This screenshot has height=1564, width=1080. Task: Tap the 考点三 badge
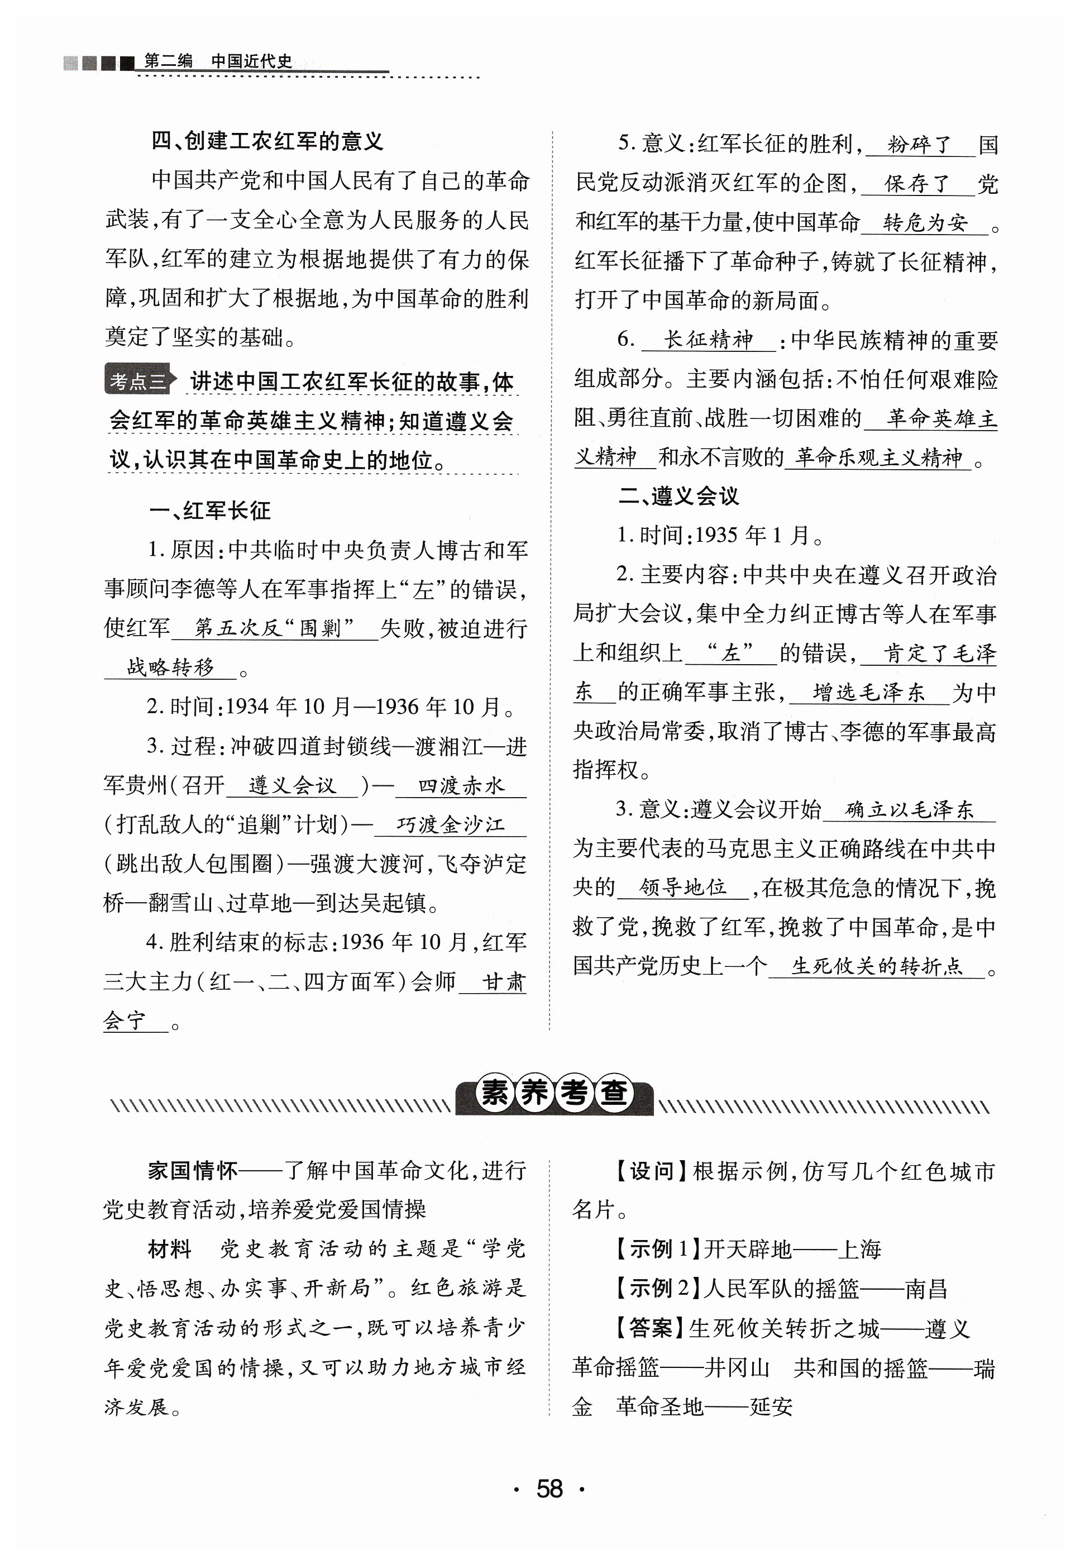(x=138, y=382)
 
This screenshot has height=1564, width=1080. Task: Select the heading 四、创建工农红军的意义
(x=267, y=141)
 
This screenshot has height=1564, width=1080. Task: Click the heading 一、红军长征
(x=210, y=511)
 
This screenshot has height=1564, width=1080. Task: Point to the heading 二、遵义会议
(x=678, y=496)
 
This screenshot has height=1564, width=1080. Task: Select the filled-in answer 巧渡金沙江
(x=450, y=824)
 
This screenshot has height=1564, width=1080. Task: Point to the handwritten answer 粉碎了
(x=920, y=145)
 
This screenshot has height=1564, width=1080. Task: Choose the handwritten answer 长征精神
(x=709, y=339)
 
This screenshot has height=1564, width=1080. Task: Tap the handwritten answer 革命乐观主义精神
(x=878, y=457)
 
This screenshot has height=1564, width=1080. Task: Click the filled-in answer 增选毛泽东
(x=869, y=692)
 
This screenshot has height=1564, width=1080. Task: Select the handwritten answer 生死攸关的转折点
(x=877, y=966)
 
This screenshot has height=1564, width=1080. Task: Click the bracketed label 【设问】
(x=652, y=1171)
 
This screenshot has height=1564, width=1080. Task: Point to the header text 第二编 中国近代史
(x=218, y=61)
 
